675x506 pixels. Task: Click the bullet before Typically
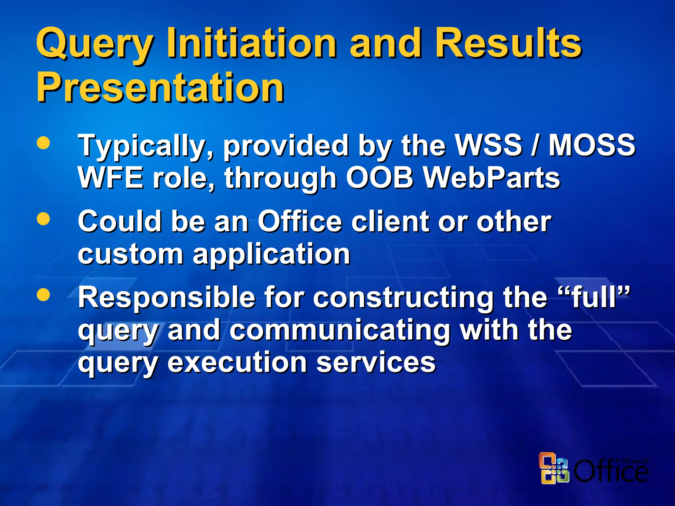(44, 143)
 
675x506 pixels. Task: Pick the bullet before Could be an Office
(44, 218)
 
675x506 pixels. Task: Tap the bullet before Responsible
(44, 295)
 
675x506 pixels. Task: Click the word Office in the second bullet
(300, 221)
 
